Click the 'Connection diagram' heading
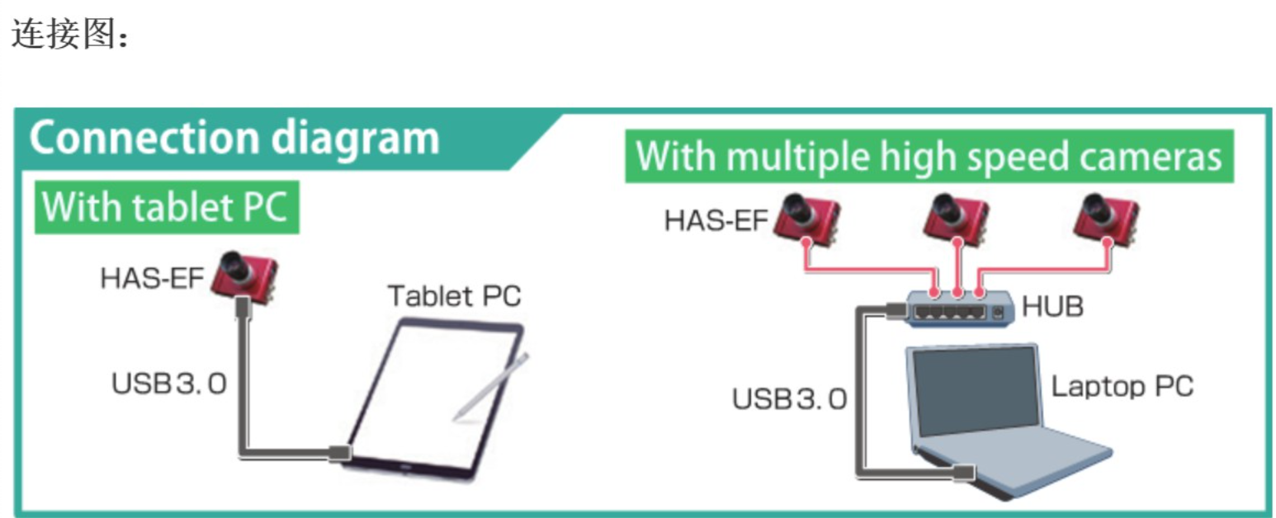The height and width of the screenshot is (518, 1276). coord(234,138)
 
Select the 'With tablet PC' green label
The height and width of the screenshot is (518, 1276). coord(165,206)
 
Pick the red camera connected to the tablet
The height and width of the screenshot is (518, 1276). coord(243,276)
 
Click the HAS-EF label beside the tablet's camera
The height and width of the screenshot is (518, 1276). coord(152,278)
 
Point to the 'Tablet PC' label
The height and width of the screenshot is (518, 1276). coord(455,295)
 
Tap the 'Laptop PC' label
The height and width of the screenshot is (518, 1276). coord(1122,386)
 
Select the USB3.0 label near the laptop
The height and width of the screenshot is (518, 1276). coord(789,399)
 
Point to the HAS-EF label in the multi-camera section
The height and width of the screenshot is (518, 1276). coord(716,221)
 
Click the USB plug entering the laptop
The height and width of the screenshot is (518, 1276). coord(963,473)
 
